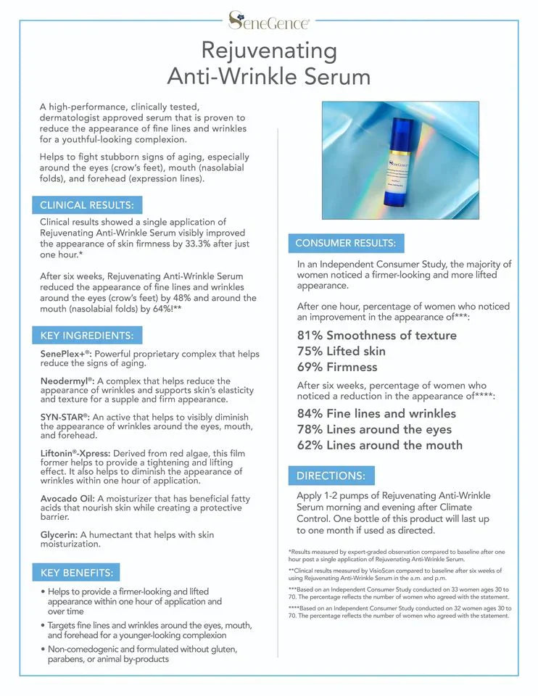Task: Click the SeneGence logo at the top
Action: click(x=269, y=20)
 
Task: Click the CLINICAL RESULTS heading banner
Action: click(x=86, y=204)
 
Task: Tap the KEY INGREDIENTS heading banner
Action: click(x=86, y=335)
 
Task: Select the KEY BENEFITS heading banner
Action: click(x=76, y=572)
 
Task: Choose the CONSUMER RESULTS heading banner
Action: click(x=345, y=243)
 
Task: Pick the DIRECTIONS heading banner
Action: click(x=331, y=476)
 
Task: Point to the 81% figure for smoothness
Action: click(x=310, y=335)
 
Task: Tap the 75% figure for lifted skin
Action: click(x=310, y=351)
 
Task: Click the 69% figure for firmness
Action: click(x=310, y=367)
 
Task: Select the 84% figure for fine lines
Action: click(x=310, y=413)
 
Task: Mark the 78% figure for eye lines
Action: click(x=310, y=429)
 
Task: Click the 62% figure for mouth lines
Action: click(x=310, y=445)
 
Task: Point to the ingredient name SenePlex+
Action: click(x=65, y=354)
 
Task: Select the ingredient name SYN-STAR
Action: click(x=64, y=417)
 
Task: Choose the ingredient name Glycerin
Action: click(x=58, y=534)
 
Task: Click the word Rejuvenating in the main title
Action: click(x=269, y=51)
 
